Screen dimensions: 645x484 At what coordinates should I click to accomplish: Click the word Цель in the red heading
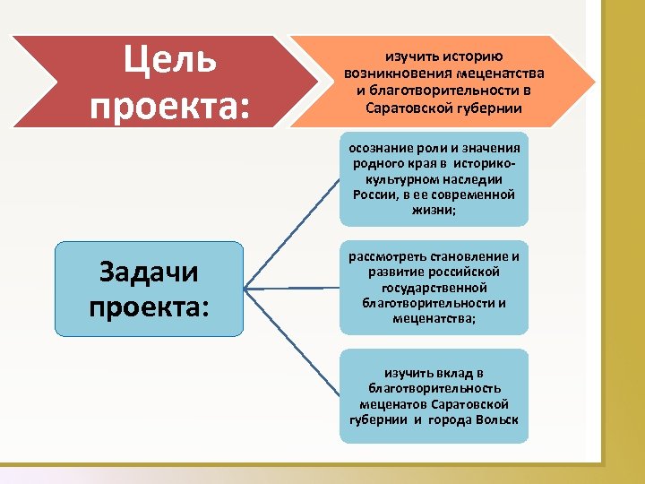169,61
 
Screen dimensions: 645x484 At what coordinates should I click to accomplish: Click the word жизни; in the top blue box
434,210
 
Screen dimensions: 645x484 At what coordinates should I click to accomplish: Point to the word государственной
434,288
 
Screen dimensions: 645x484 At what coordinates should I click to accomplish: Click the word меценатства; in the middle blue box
434,318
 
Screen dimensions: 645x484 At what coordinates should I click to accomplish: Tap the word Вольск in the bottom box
496,420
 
